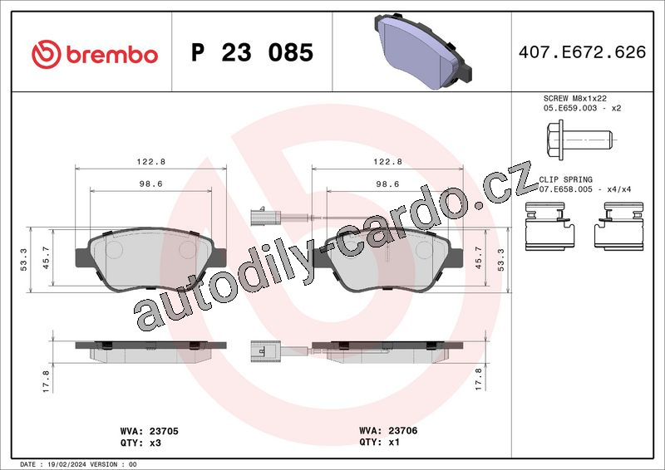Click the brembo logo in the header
click(95, 55)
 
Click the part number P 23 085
click(252, 52)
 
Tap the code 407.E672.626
click(582, 52)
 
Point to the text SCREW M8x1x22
click(574, 98)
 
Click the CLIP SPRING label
click(565, 179)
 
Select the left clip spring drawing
click(549, 226)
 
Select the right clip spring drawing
click(618, 226)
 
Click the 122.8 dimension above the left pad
click(151, 161)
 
